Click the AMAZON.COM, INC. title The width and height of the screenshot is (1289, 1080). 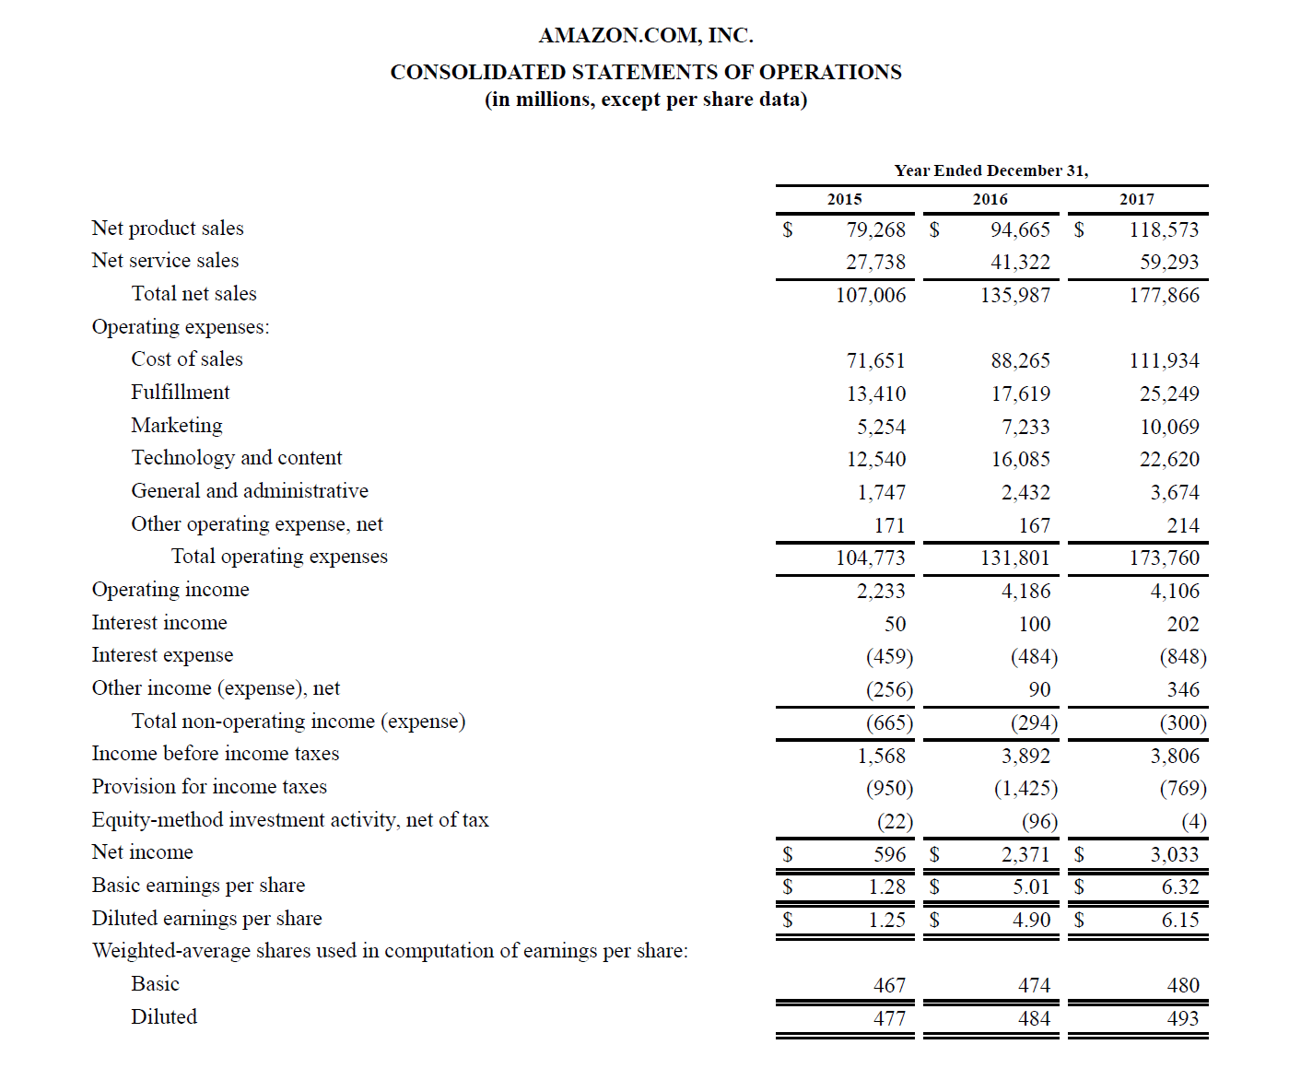pyautogui.click(x=645, y=36)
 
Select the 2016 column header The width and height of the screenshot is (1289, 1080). pyautogui.click(x=990, y=199)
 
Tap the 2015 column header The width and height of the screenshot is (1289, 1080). pyautogui.click(x=844, y=199)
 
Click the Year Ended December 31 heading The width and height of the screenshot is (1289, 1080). pyautogui.click(x=990, y=170)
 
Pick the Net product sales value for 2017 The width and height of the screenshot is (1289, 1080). pyautogui.click(x=1164, y=229)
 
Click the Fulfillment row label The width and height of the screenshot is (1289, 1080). pyautogui.click(x=180, y=393)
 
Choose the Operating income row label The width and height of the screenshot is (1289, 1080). pyautogui.click(x=170, y=590)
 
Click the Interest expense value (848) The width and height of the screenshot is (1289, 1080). pyautogui.click(x=1182, y=656)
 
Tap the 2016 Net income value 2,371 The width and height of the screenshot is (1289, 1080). pyautogui.click(x=1025, y=854)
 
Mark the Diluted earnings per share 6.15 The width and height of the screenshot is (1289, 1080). pyautogui.click(x=1179, y=920)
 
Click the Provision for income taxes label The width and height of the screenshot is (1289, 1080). pyautogui.click(x=209, y=787)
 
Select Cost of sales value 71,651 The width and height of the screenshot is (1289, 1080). pyautogui.click(x=875, y=360)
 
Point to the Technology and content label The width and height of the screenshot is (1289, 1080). pyautogui.click(x=236, y=458)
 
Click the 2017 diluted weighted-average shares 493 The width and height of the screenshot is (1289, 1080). pyautogui.click(x=1182, y=1018)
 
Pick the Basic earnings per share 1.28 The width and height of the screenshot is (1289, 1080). pyautogui.click(x=886, y=886)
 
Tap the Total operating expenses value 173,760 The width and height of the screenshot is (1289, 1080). pyautogui.click(x=1164, y=558)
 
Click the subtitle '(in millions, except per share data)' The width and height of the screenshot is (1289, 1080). pyautogui.click(x=645, y=100)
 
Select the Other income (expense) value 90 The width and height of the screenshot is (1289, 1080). pyautogui.click(x=1038, y=689)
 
